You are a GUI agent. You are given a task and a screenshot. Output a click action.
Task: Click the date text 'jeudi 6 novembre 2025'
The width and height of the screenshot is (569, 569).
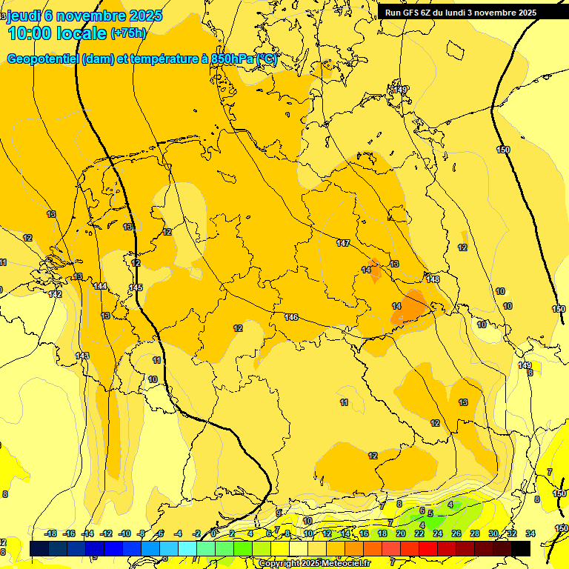point(84,15)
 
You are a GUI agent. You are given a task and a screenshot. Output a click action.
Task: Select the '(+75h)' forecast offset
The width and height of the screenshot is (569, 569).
point(128,33)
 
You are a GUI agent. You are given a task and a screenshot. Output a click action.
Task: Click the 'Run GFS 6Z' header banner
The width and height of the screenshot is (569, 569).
point(460,13)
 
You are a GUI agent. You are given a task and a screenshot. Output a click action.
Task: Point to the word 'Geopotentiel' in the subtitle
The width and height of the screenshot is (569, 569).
point(44,59)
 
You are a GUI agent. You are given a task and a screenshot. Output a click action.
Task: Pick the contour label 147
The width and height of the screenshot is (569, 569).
point(343,243)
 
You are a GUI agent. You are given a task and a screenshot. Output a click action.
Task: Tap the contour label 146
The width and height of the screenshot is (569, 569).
point(291,317)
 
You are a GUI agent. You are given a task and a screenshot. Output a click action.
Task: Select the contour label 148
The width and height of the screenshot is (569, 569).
point(433,279)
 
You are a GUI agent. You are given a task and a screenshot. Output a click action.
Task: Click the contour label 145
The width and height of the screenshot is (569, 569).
point(136,287)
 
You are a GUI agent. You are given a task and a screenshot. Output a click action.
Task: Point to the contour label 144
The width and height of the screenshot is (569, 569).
point(101,286)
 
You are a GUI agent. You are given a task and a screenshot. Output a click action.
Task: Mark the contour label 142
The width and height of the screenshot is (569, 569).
point(55,294)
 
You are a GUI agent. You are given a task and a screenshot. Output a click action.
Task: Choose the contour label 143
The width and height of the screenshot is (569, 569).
point(81,356)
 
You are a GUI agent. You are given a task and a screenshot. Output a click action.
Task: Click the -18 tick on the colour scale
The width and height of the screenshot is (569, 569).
point(51,533)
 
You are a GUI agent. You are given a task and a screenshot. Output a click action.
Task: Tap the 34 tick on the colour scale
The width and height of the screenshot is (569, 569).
point(530,533)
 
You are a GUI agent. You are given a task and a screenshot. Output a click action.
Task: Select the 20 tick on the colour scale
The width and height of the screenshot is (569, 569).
point(401,533)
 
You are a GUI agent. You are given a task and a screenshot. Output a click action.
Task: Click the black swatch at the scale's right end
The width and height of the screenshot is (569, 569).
point(521,548)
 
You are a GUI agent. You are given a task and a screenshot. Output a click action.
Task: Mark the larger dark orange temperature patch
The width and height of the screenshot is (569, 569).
point(409,306)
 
